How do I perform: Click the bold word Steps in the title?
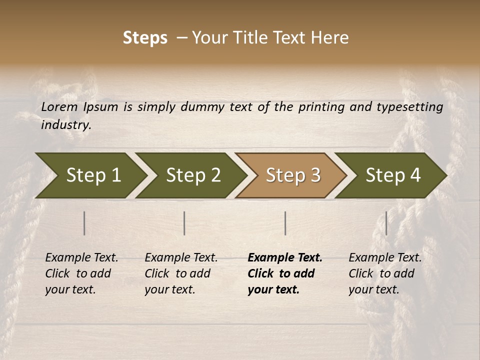145,38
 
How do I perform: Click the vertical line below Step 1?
84,223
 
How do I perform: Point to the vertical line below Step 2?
184,223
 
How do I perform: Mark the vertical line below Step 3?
285,223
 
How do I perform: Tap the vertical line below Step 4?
386,223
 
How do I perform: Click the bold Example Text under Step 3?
285,258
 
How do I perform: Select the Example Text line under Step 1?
81,258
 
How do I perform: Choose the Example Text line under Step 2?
181,258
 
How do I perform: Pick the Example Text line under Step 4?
385,258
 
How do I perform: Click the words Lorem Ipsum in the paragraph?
79,107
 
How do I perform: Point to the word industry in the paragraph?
66,125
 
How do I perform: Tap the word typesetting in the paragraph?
409,107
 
